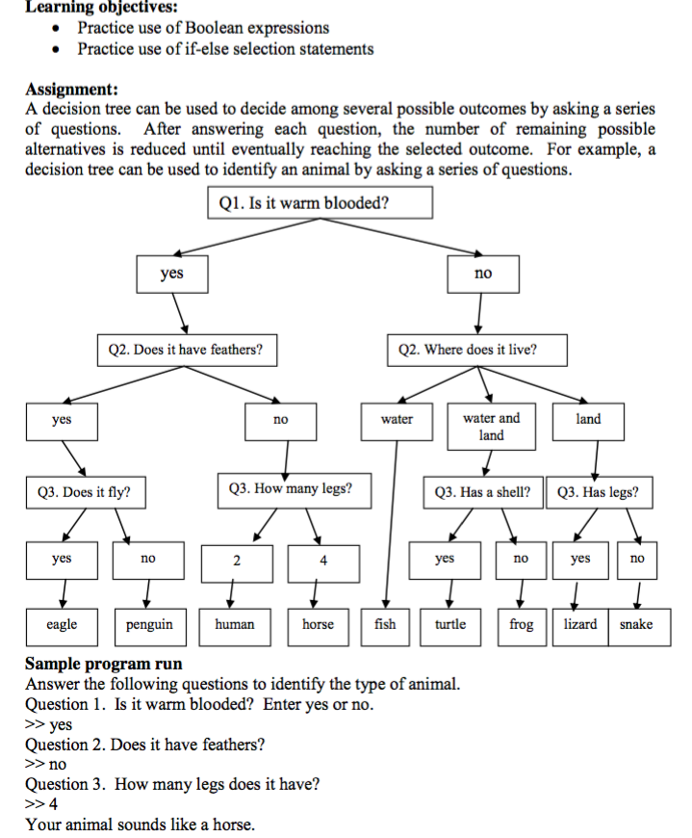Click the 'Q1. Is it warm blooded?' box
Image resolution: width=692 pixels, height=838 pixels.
point(320,203)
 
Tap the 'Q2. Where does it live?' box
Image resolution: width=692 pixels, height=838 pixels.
point(468,350)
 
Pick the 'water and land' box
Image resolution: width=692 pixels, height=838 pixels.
point(491,427)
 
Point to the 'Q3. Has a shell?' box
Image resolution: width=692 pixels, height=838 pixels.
point(483,493)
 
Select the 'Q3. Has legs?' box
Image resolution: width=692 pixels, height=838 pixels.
point(599,493)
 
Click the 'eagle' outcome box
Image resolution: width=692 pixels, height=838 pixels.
point(63,624)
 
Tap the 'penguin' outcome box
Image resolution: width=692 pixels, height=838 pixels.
point(149,624)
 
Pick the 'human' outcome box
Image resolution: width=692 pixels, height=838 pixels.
point(235,624)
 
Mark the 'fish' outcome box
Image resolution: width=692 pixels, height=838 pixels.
point(385,624)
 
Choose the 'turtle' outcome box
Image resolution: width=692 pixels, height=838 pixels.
point(450,624)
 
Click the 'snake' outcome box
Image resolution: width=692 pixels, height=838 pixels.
point(636,624)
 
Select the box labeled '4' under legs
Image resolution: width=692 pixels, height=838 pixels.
point(324,562)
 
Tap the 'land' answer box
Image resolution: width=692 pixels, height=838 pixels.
point(588,420)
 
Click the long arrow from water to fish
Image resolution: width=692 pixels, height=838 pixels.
point(390,520)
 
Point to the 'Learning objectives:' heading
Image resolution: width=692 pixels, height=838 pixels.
point(94,8)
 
